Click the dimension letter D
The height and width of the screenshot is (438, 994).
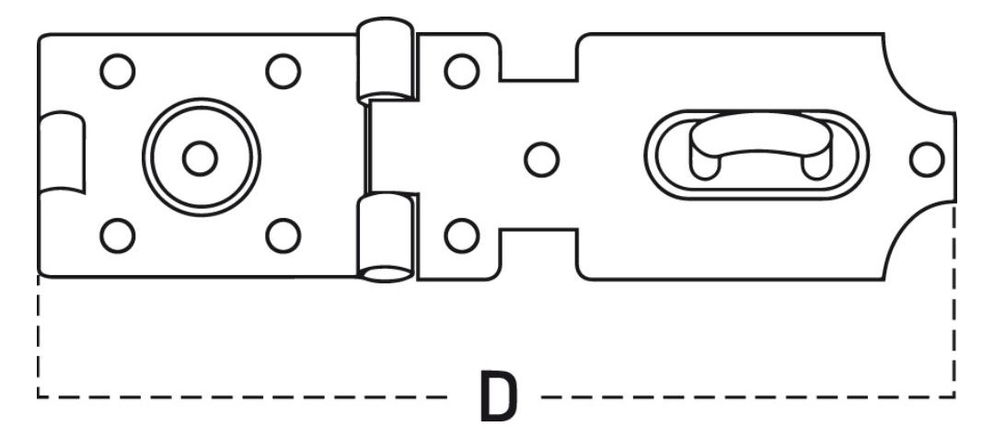(498, 398)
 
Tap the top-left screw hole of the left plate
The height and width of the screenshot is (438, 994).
(117, 71)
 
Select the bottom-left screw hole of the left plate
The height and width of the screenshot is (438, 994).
(117, 236)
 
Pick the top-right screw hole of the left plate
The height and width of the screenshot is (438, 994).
(283, 71)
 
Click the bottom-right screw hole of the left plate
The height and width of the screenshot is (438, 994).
(283, 236)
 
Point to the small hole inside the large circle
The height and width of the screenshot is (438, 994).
(201, 158)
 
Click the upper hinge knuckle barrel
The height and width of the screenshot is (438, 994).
(386, 60)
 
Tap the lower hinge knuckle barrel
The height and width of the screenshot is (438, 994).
(386, 237)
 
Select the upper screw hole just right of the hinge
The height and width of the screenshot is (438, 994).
(461, 71)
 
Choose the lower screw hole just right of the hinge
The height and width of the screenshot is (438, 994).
(461, 236)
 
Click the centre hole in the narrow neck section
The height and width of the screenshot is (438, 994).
(542, 159)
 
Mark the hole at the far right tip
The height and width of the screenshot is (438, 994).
(927, 159)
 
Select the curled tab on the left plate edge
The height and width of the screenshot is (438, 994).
(62, 152)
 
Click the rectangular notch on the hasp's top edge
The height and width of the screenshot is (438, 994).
(538, 58)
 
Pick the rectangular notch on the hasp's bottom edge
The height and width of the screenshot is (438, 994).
(538, 254)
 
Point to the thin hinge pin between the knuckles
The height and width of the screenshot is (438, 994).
(367, 149)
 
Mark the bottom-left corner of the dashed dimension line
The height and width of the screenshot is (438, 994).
(38, 398)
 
